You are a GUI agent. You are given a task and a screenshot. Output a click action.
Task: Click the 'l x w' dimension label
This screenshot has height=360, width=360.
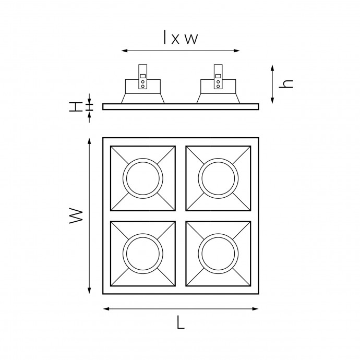[x=181, y=37]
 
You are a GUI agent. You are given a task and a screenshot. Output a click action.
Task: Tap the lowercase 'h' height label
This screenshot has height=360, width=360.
[x=286, y=84]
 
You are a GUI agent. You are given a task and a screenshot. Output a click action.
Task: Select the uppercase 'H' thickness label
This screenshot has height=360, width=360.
[x=76, y=107]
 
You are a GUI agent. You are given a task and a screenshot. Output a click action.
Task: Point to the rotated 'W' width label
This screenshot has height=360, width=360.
[x=76, y=216]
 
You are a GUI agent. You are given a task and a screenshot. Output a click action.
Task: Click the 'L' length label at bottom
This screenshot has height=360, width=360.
[x=181, y=322]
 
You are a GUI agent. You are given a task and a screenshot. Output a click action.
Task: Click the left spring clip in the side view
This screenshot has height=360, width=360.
[x=142, y=77]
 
